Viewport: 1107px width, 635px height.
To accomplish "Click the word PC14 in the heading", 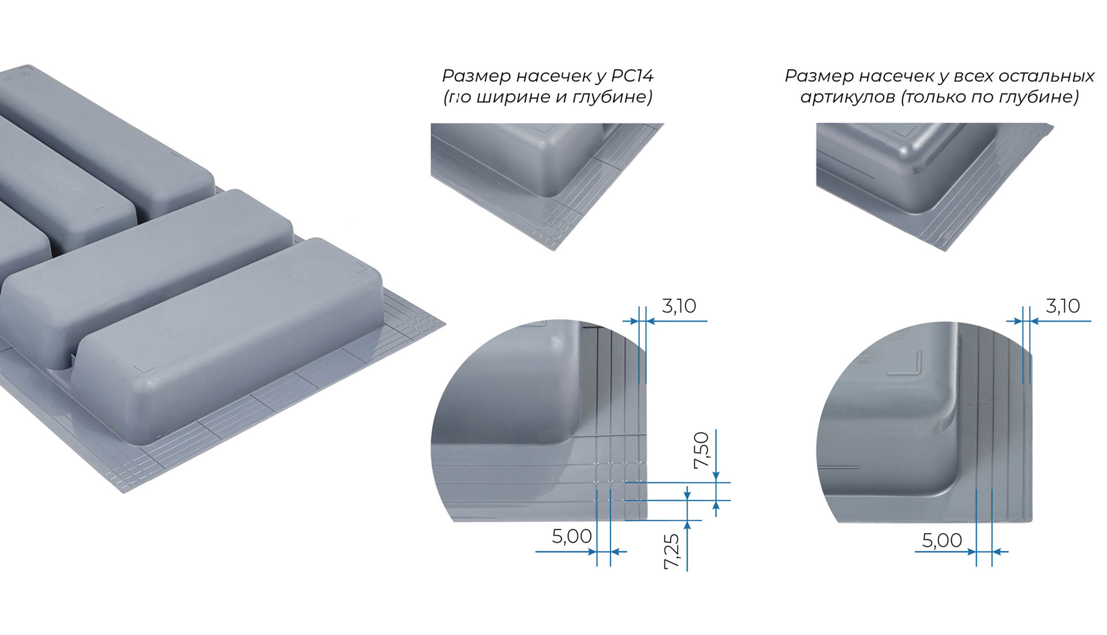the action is click(632, 76).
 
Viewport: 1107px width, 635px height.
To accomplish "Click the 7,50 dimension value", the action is click(702, 450).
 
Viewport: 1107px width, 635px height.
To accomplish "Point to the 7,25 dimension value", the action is click(671, 551).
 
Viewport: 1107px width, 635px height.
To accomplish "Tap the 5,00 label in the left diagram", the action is click(572, 536).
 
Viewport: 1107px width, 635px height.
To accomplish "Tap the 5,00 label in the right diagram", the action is click(942, 540).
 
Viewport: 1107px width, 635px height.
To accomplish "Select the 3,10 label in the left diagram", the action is click(679, 306).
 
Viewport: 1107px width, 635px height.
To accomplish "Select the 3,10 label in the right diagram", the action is click(1062, 306).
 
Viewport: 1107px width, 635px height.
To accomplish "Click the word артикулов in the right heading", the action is click(848, 97).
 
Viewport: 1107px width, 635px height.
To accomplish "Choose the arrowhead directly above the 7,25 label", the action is click(687, 526).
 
